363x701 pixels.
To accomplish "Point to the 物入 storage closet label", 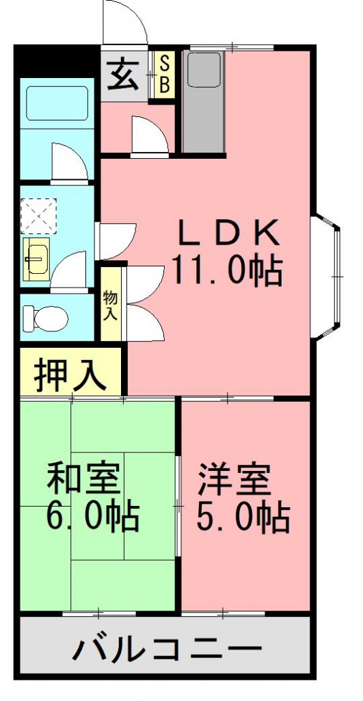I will tap(110, 305).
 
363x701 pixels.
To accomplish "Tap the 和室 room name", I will tap(83, 479).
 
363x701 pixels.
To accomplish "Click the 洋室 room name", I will tap(235, 479).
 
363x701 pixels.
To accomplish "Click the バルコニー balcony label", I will tap(167, 647).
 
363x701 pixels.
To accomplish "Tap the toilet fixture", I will tap(46, 317).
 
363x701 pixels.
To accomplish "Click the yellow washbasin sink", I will tap(36, 259).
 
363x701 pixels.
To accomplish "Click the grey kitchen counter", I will tap(203, 103).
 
